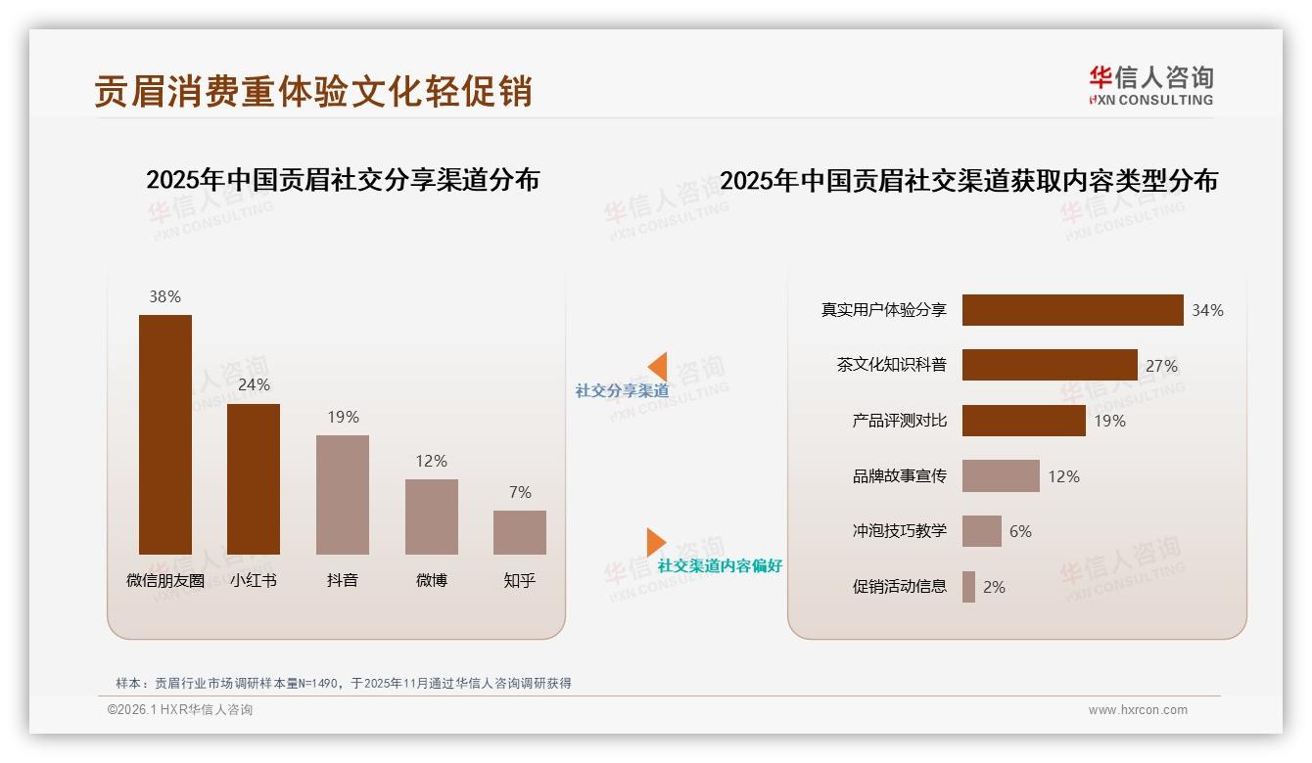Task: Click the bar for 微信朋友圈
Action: (x=164, y=434)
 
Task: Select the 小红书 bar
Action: (x=254, y=479)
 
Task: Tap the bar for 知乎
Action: (x=520, y=532)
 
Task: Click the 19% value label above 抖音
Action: (x=343, y=417)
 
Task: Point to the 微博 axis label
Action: (x=431, y=580)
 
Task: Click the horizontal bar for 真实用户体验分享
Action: (x=1072, y=310)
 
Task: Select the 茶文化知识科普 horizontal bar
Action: (x=1050, y=365)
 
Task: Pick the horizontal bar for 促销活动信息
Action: (x=968, y=587)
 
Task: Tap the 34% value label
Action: (x=1207, y=310)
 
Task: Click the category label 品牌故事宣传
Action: (x=899, y=476)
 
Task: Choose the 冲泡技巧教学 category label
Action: (x=899, y=531)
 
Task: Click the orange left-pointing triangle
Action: (x=657, y=366)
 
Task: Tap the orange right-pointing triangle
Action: (x=655, y=542)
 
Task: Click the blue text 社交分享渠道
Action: (x=622, y=391)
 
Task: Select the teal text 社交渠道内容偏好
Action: (x=720, y=566)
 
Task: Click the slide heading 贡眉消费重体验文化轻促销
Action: (x=313, y=91)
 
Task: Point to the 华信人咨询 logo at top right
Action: (x=1150, y=85)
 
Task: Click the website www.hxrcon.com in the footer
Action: (x=1138, y=710)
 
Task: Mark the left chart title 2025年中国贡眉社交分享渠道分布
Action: (x=343, y=180)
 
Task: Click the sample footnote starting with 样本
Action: (x=343, y=684)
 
